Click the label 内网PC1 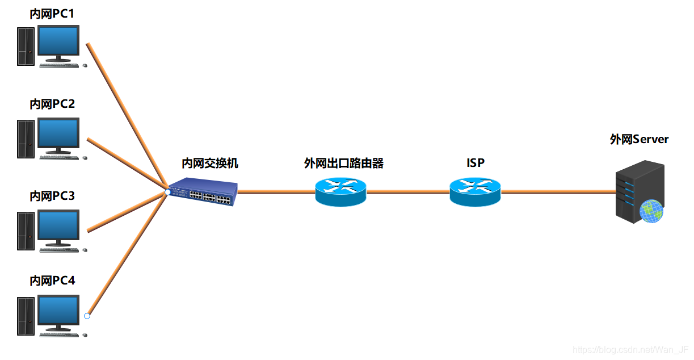[x=52, y=13]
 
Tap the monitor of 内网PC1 [x=58, y=42]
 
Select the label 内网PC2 [x=52, y=104]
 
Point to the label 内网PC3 [x=52, y=196]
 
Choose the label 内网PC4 [x=52, y=281]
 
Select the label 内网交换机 [x=210, y=164]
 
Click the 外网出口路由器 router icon [x=340, y=192]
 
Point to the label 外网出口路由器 [x=344, y=164]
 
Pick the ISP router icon [x=475, y=192]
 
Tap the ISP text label [x=476, y=164]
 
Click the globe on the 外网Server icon [x=651, y=211]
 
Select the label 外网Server [x=639, y=139]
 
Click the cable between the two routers [x=408, y=192]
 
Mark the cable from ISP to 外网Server [x=559, y=192]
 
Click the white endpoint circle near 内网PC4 [x=87, y=316]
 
